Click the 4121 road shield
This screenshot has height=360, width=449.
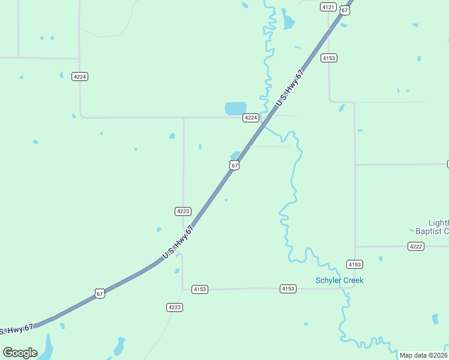point(328,7)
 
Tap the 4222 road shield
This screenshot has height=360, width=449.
point(415,247)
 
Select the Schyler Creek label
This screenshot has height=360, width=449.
point(340,280)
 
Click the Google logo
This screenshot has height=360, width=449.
point(20,353)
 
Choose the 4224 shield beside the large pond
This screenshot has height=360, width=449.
point(251,118)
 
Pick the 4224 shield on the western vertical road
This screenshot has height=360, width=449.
point(79,77)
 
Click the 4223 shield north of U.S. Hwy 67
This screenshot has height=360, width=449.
point(183,211)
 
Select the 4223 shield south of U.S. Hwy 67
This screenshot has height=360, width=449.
point(174,307)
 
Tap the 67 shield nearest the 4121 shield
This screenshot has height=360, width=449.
point(343,10)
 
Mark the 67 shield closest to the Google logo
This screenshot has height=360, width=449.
point(100,293)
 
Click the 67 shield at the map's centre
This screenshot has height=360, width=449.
point(234,165)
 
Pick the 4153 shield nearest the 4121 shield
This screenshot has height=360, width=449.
point(329,58)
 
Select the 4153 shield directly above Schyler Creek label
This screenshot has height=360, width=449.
point(354,264)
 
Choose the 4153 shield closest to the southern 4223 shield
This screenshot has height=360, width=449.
point(200,289)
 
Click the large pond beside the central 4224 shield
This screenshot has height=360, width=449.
point(235,109)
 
